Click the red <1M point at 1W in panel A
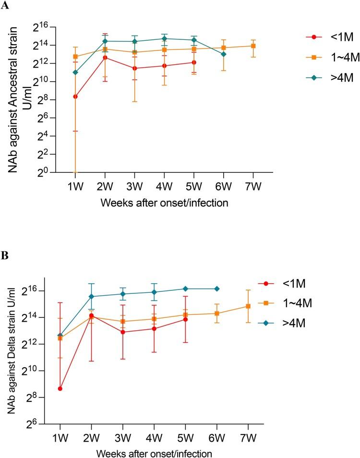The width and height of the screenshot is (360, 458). pyautogui.click(x=75, y=96)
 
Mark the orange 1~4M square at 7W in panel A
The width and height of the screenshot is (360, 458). pyautogui.click(x=253, y=46)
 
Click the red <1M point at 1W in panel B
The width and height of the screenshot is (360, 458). pyautogui.click(x=60, y=388)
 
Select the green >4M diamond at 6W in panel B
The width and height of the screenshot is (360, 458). pyautogui.click(x=217, y=289)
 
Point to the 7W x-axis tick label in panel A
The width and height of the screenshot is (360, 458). pyautogui.click(x=253, y=185)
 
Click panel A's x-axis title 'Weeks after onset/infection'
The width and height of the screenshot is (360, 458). pyautogui.click(x=164, y=203)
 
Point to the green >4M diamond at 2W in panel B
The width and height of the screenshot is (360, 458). pyautogui.click(x=91, y=296)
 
